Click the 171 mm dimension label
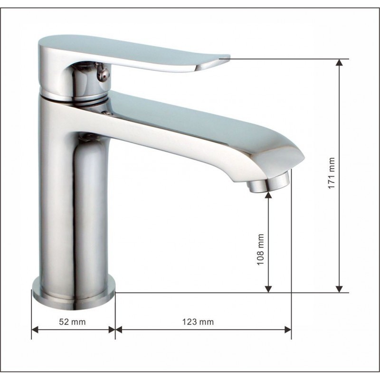pos(331,173)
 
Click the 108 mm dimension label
pos(260,249)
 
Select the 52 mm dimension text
pos(73,322)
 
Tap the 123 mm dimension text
pos(198,322)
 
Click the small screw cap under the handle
pos(101,73)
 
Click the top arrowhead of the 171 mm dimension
pos(339,62)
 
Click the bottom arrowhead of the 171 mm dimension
pos(339,289)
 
